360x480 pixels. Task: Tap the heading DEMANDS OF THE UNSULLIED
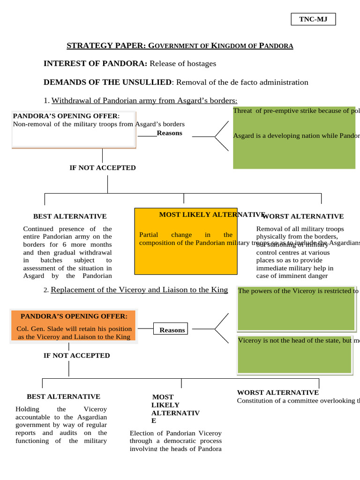(107, 82)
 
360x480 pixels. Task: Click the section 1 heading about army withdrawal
(144, 100)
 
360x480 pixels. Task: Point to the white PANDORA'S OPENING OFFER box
(74, 130)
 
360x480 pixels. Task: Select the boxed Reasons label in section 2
(172, 330)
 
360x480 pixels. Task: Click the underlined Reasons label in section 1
(169, 133)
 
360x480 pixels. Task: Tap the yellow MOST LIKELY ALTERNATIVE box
(186, 241)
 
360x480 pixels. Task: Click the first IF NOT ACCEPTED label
(103, 168)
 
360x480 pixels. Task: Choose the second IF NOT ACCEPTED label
(76, 355)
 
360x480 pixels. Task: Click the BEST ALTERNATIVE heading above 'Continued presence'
(70, 216)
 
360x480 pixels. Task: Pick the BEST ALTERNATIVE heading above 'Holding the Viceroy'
(63, 397)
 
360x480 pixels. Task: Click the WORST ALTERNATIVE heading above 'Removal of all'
(303, 216)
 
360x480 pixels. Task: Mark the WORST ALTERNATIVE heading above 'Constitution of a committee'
(277, 392)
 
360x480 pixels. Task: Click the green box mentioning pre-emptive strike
(294, 137)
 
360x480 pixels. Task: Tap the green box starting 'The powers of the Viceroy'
(296, 308)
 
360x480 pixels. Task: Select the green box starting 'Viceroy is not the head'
(294, 354)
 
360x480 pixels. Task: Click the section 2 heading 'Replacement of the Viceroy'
(139, 290)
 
